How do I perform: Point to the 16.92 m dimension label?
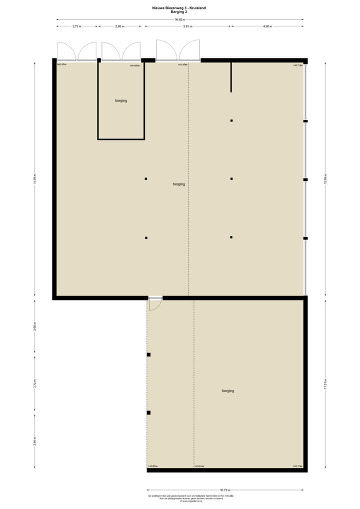[x=180, y=19]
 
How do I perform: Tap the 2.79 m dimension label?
[x=77, y=26]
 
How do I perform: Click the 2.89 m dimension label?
[x=119, y=26]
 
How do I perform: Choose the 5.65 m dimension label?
[x=188, y=26]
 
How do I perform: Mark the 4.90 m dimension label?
[x=267, y=26]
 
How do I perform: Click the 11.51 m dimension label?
[x=325, y=385]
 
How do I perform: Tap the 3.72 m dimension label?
[x=34, y=385]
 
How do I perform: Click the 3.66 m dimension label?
[x=34, y=442]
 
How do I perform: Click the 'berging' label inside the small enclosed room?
[x=121, y=100]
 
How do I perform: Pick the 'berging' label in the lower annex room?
[x=228, y=391]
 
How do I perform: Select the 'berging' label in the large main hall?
[x=179, y=184]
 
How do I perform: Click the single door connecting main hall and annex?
[x=155, y=302]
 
